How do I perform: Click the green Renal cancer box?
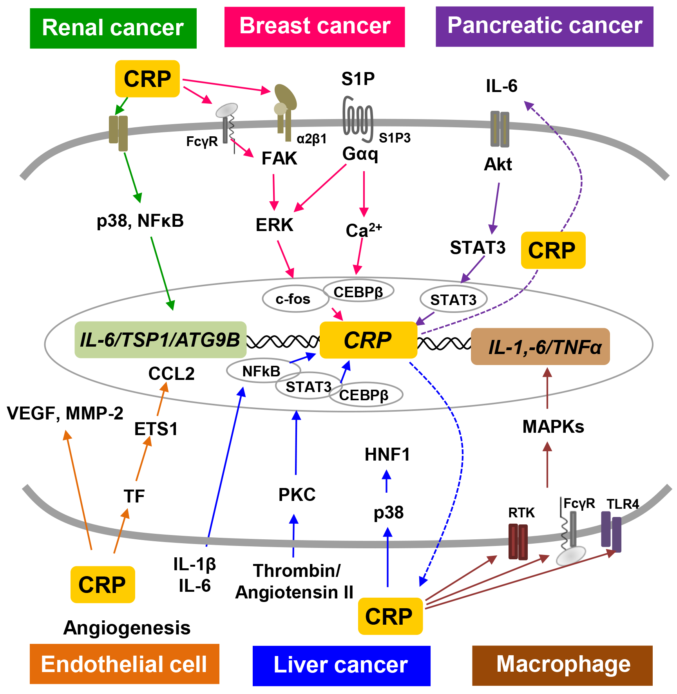click(x=113, y=28)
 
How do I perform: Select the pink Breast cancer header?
click(x=315, y=27)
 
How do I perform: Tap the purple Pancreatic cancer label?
click(x=544, y=26)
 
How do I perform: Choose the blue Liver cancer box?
click(x=341, y=665)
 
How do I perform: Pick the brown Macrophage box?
click(x=562, y=665)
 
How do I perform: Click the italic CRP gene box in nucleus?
click(x=368, y=340)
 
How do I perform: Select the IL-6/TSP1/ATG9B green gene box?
click(x=160, y=340)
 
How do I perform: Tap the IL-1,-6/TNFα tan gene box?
click(x=540, y=347)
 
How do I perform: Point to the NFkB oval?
click(x=262, y=370)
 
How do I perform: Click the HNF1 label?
click(x=387, y=455)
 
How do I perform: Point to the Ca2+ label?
click(x=363, y=230)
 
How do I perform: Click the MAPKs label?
click(x=553, y=427)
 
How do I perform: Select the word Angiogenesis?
click(x=127, y=628)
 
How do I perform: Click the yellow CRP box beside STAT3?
click(x=552, y=250)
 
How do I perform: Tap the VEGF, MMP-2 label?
click(x=65, y=413)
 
